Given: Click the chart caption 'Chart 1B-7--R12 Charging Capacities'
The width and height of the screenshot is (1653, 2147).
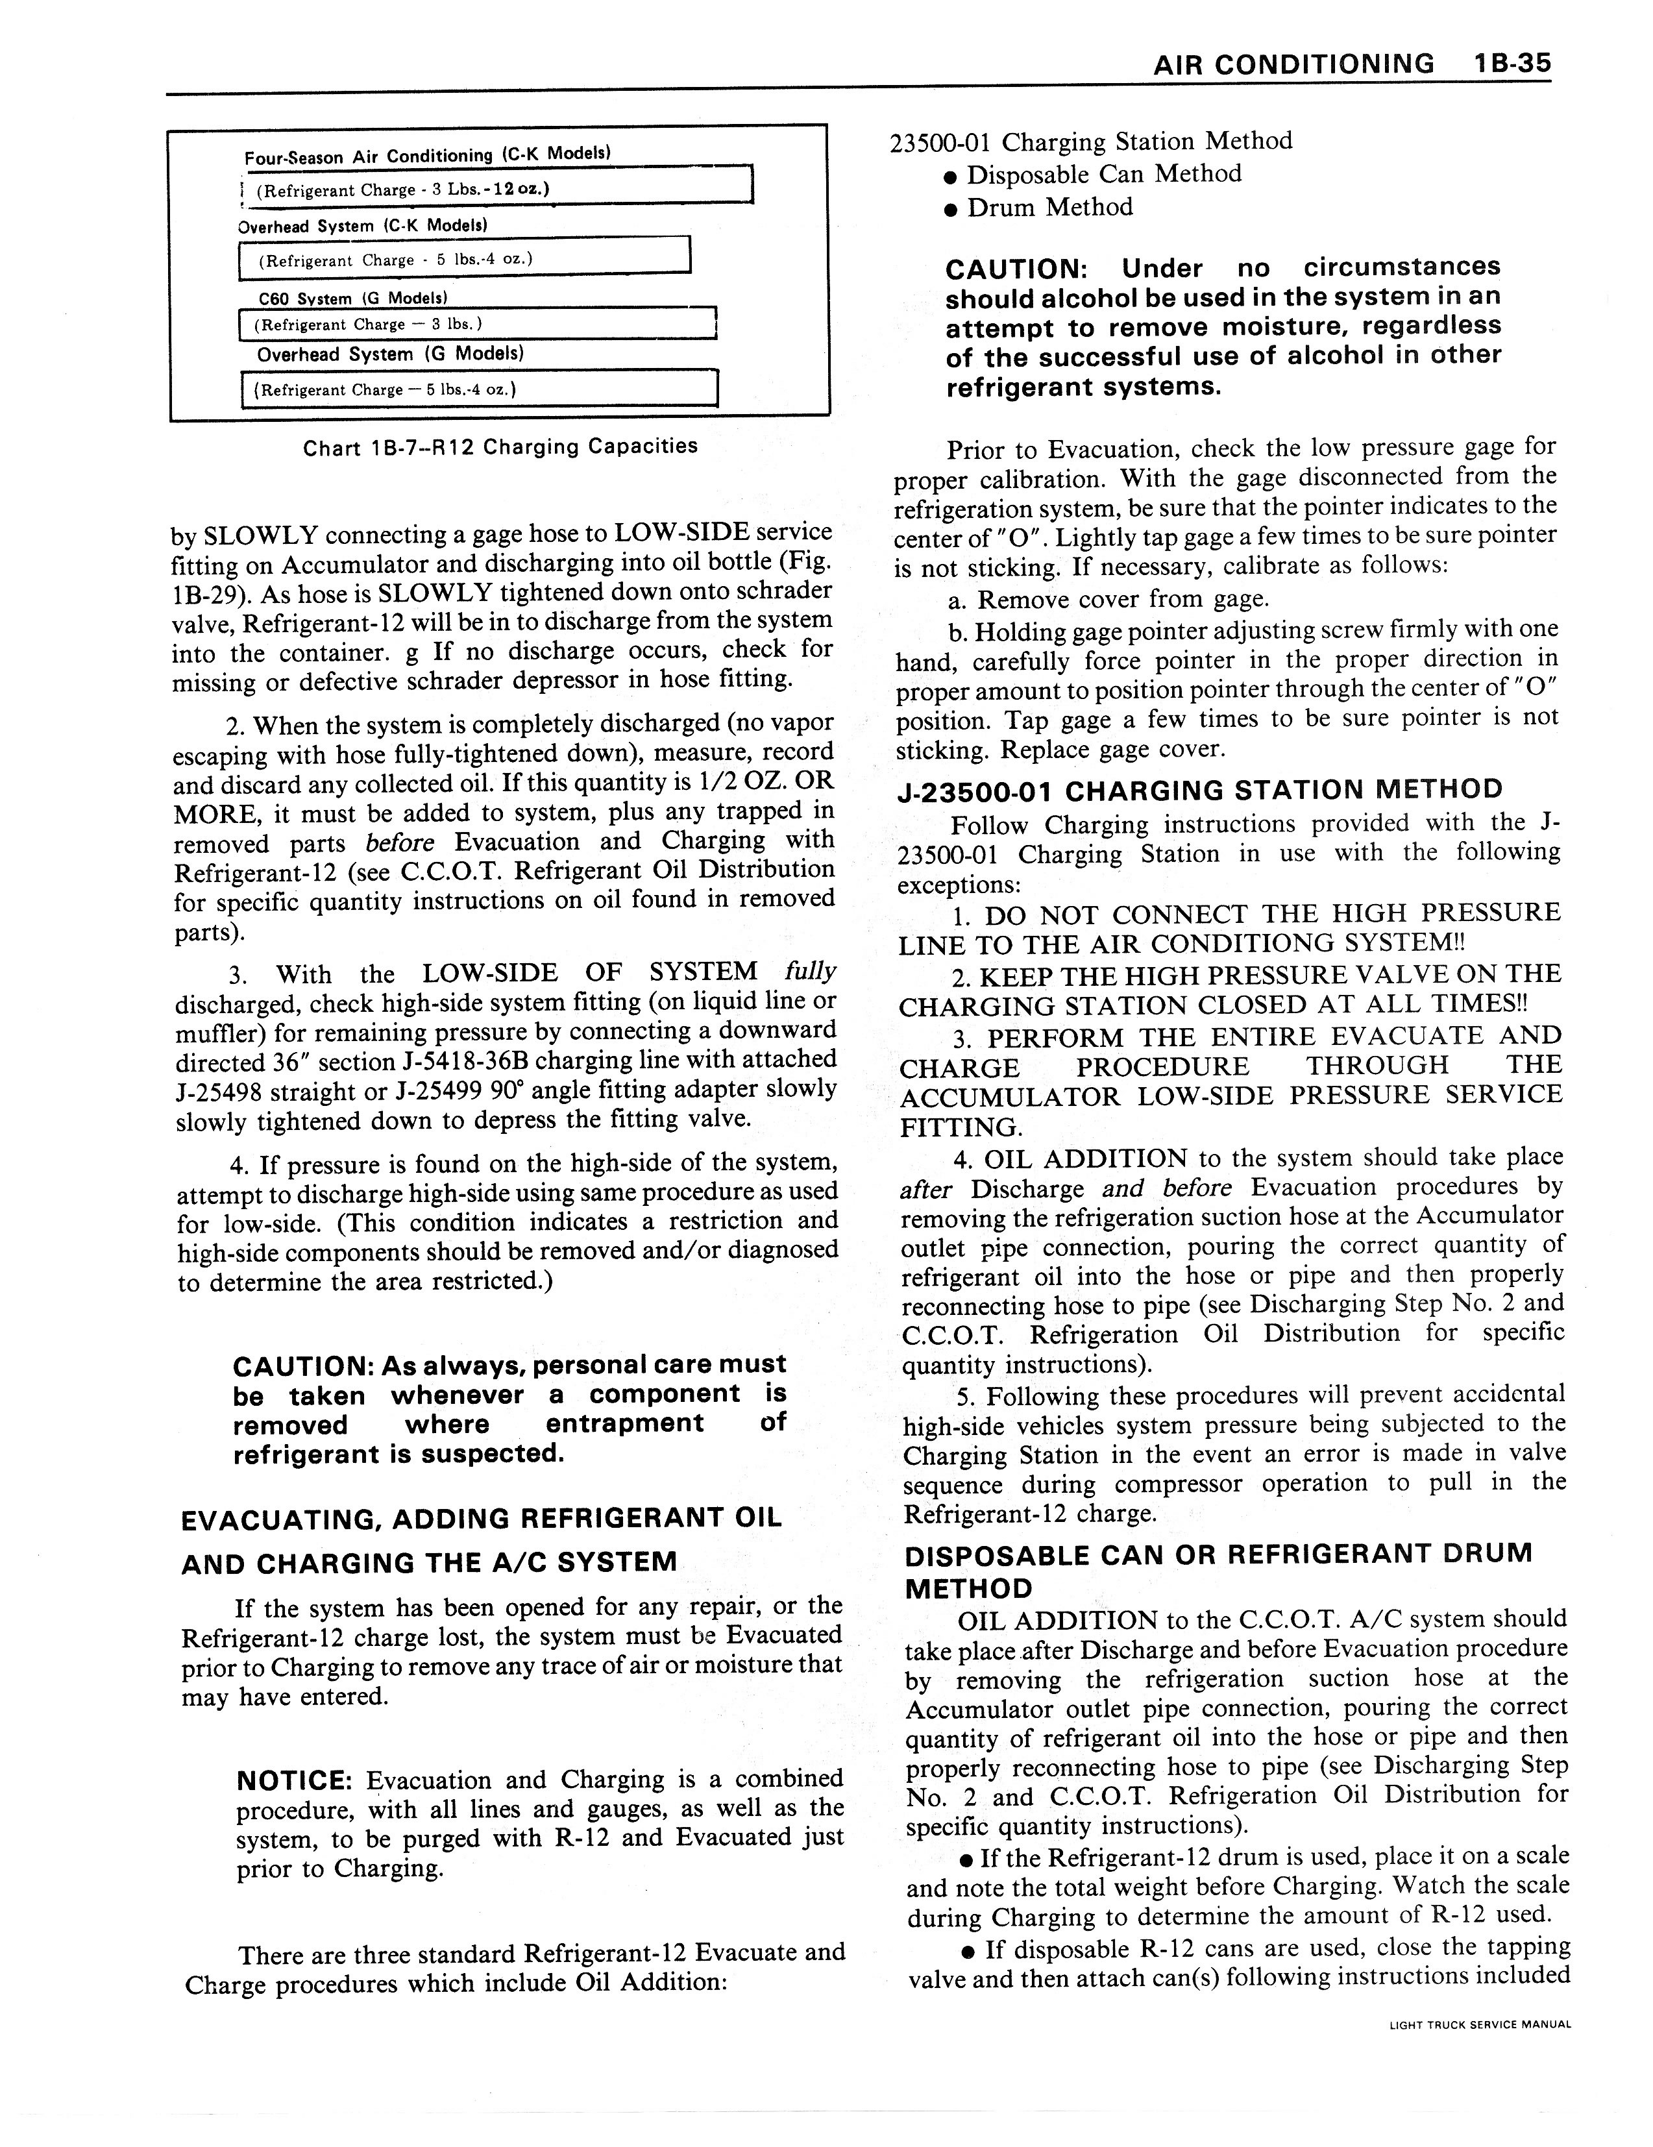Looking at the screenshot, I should click(x=500, y=447).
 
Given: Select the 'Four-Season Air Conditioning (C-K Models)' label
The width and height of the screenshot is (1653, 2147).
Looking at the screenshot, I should click(x=428, y=155).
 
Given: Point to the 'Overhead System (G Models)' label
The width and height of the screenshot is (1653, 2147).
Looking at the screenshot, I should click(x=390, y=354).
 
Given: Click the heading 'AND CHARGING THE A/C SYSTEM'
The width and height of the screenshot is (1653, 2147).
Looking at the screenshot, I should click(x=430, y=1563).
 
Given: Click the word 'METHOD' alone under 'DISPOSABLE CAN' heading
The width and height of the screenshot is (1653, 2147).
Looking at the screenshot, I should click(x=968, y=1589).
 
